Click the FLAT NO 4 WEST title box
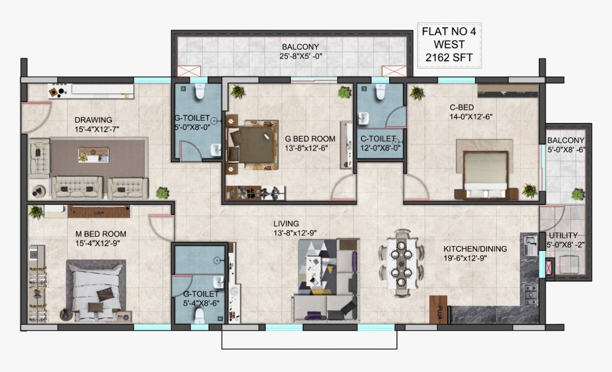[x=449, y=45]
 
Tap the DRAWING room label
[x=93, y=120]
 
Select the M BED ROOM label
[x=101, y=234]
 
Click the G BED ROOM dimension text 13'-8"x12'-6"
[x=310, y=148]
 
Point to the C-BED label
[x=462, y=107]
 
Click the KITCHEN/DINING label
[x=475, y=248]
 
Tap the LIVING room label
[x=286, y=223]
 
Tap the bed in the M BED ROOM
[x=95, y=291]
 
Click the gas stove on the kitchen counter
[x=531, y=292]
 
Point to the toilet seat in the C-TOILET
[x=379, y=92]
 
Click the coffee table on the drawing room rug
[x=93, y=155]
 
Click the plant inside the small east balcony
[x=577, y=194]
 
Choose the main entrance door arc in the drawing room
[x=36, y=116]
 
